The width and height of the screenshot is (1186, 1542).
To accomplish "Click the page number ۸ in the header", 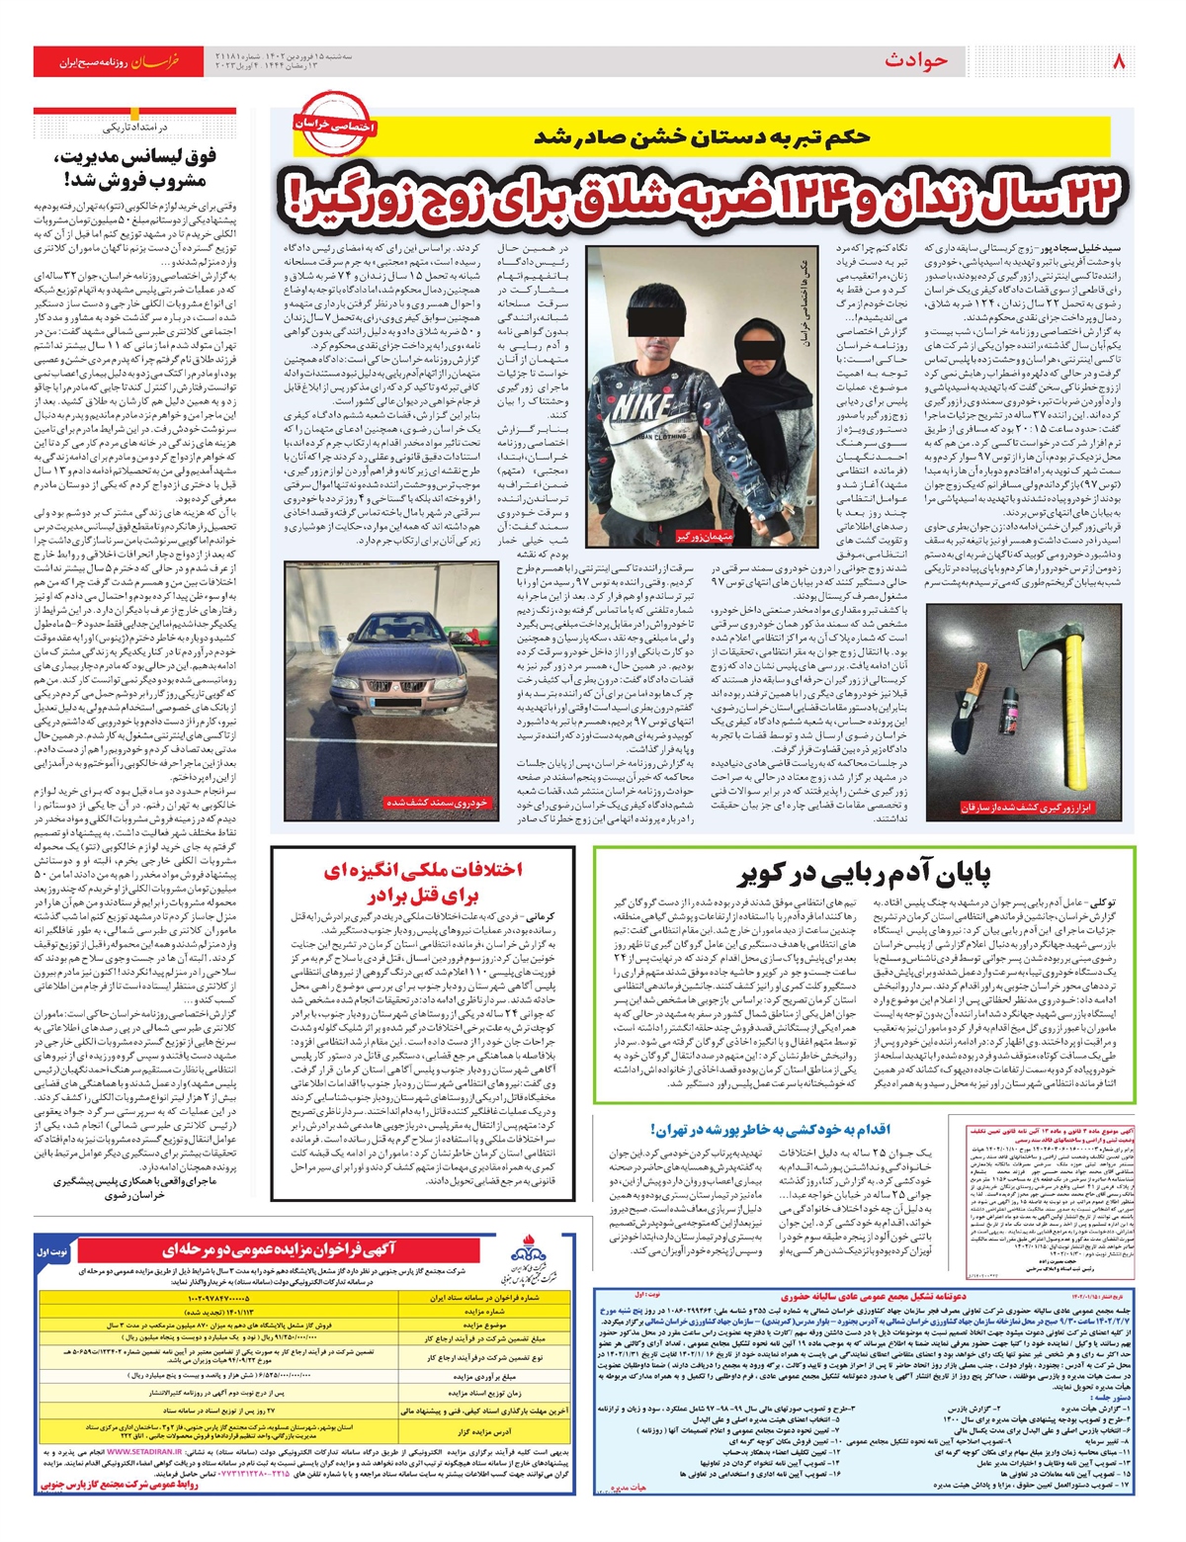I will (1119, 62).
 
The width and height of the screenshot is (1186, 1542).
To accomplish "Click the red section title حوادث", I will (916, 61).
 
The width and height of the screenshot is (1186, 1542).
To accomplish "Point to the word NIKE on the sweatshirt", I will (642, 408).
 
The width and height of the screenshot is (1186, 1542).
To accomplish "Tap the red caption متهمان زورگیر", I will (706, 536).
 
